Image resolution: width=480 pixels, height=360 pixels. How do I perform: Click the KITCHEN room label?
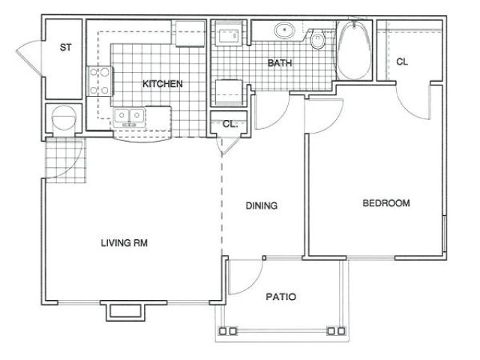click(163, 83)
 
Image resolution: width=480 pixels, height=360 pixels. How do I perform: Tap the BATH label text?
click(280, 63)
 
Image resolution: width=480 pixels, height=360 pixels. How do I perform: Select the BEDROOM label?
click(386, 203)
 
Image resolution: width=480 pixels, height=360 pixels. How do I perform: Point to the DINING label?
click(262, 205)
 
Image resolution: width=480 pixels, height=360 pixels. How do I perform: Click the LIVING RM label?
click(124, 243)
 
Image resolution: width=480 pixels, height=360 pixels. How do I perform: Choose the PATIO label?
click(281, 297)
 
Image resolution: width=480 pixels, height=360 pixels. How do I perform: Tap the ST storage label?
click(65, 47)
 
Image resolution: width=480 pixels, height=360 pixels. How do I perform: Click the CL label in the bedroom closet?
click(402, 61)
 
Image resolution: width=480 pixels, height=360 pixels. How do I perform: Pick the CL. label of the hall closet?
click(230, 124)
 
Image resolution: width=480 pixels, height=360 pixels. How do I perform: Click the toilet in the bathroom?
click(317, 40)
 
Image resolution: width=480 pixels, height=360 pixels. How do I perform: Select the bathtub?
click(354, 50)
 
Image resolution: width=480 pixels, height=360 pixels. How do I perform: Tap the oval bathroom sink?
click(285, 30)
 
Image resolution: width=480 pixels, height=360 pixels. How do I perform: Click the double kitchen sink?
click(129, 117)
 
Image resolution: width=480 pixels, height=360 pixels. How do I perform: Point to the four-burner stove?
click(100, 82)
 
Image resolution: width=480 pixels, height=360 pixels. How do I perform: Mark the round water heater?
click(64, 117)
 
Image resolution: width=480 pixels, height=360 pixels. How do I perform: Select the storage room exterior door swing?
click(30, 58)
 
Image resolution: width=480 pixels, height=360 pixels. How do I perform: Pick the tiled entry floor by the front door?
click(65, 160)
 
